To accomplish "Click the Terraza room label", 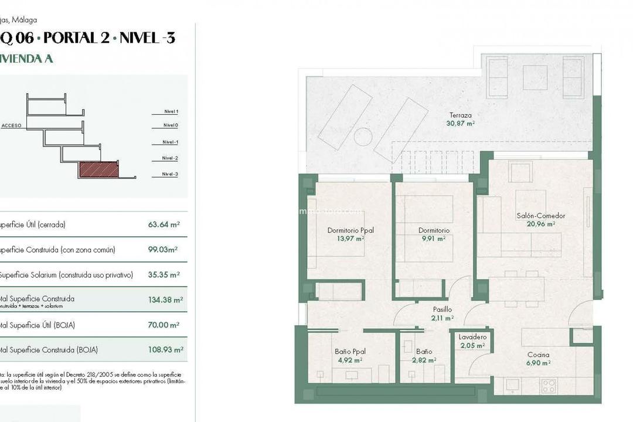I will point(460,115).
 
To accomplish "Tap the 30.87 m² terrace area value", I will point(460,124).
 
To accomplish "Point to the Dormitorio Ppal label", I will point(350,230).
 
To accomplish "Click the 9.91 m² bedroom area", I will point(434,239).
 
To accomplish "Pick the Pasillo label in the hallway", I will point(443,309).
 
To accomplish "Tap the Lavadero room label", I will point(472,337).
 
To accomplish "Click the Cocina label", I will point(538,355).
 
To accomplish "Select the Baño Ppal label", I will point(350,352).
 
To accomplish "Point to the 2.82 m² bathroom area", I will point(424,360).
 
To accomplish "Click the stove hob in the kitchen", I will point(549,386).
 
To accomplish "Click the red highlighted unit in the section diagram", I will point(98,170).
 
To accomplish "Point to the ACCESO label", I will point(12,125).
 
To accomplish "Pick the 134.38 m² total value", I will point(165,300).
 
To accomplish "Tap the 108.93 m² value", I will point(165,350).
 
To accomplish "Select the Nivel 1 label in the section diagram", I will point(171,111).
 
